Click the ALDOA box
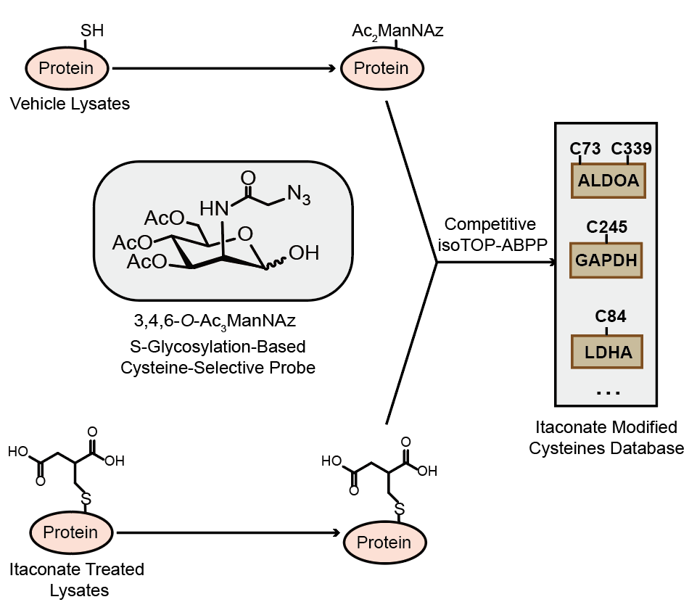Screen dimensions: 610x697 coord(609,181)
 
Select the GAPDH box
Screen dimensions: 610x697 coord(608,260)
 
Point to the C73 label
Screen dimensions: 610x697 coord(585,149)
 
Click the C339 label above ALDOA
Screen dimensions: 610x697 coord(631,149)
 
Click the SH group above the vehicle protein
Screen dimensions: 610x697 coord(91,31)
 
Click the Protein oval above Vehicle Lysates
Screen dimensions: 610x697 coord(66,69)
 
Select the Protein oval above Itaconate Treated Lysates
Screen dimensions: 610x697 coord(70,532)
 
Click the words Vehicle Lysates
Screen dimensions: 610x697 coord(70,104)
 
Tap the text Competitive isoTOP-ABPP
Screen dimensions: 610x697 coord(490,234)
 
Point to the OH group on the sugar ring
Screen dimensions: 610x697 coord(304,253)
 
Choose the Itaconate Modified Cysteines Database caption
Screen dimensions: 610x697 coord(606,437)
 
